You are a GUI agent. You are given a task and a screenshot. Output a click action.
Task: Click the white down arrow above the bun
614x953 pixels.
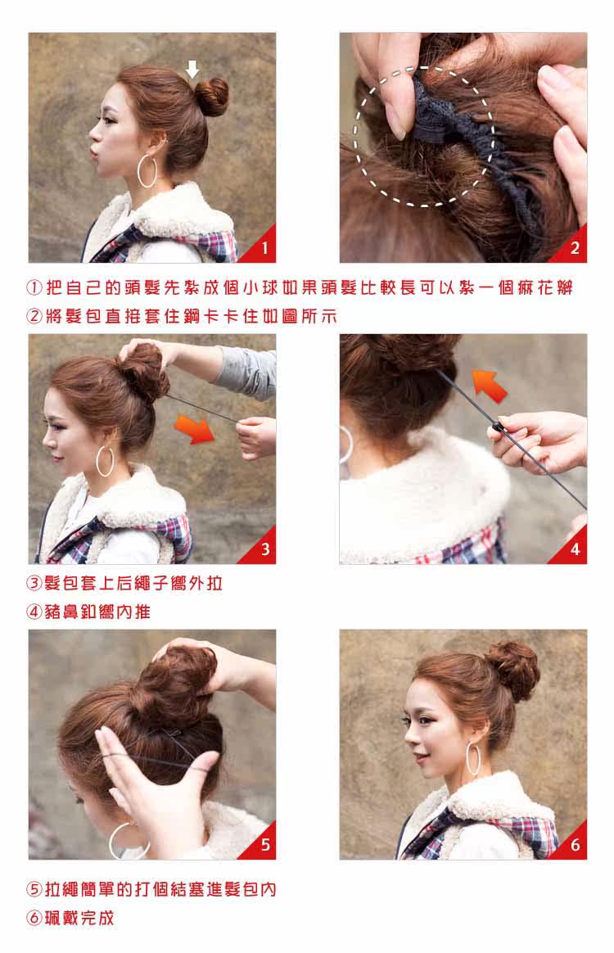[x=192, y=69]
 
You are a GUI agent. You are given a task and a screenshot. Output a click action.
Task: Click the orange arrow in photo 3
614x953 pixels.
[x=195, y=428]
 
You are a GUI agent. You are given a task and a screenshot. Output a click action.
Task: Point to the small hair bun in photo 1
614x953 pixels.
[x=214, y=96]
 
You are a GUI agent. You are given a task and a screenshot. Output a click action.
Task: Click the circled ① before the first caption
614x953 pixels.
[x=34, y=288]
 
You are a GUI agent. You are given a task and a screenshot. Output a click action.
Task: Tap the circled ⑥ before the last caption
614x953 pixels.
[x=34, y=918]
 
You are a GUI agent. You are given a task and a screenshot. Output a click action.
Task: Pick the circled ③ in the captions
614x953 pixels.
[x=34, y=584]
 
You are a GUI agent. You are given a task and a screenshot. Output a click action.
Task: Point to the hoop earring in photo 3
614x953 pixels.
[x=106, y=460]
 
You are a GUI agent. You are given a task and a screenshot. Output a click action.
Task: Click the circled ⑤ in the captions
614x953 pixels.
[x=34, y=889]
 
